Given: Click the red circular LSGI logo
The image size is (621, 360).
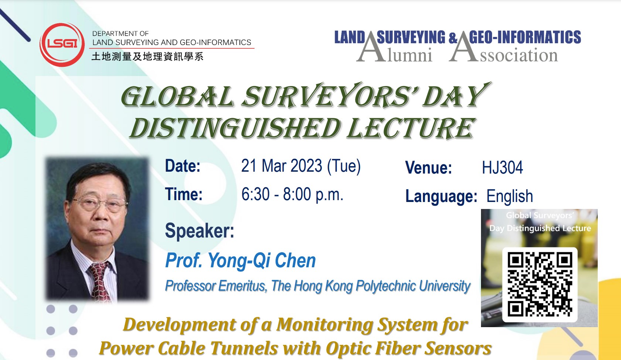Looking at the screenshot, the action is tap(62, 45).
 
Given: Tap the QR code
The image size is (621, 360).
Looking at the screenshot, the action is tap(540, 284).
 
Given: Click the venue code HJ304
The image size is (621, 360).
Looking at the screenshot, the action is tap(502, 168).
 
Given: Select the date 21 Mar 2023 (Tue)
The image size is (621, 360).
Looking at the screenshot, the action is tap(301, 166).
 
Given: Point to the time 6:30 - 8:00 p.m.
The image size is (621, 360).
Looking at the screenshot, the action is tap(292, 194).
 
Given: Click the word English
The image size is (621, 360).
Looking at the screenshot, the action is tap(509, 197).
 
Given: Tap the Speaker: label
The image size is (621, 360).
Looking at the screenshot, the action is tap(199, 230).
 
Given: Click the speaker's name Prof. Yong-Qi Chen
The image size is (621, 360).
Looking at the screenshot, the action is tap(240, 261).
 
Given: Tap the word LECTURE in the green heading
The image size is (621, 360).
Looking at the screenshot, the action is tap(410, 128).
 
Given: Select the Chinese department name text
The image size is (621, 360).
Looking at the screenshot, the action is tap(147, 56).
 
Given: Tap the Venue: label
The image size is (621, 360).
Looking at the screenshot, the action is tap(429, 168).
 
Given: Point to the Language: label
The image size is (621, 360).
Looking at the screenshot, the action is tap(441, 197).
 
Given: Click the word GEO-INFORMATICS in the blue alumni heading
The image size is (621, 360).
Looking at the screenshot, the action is tap(525, 37).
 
